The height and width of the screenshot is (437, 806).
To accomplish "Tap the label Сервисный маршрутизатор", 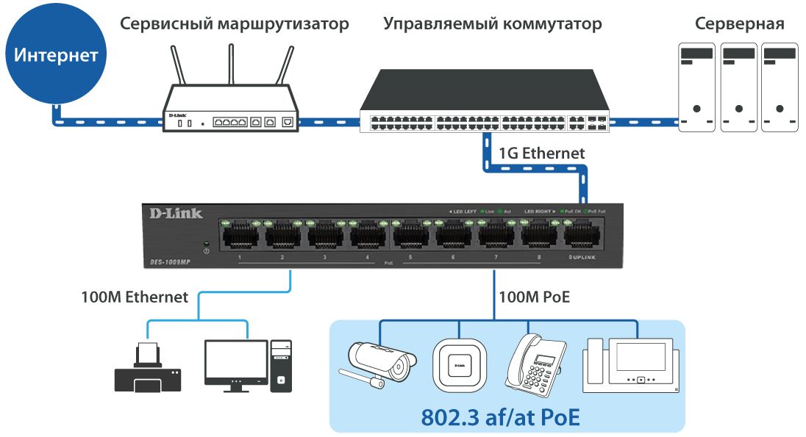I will point(235,24).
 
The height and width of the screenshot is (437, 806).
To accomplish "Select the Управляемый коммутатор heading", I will point(492,24).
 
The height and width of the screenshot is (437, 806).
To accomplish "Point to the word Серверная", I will point(739,24).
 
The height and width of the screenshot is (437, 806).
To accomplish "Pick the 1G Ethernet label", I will point(541,154).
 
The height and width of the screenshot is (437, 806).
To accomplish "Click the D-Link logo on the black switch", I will point(174,214).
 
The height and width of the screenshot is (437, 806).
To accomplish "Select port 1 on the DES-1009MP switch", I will point(240,235).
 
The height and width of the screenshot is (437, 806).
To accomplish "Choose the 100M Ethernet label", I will point(135,297).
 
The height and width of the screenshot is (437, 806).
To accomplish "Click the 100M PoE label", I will point(534,297).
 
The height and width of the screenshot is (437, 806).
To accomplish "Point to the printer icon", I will point(148,369).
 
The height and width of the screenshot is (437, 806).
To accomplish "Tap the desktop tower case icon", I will point(281,365).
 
